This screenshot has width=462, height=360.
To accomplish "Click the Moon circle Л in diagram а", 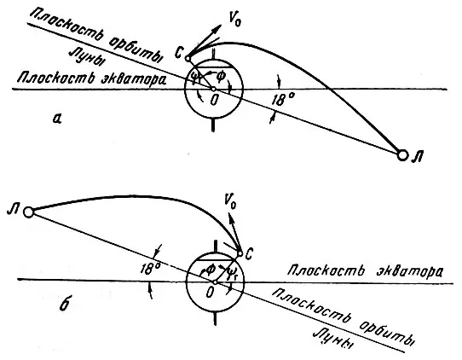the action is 402,154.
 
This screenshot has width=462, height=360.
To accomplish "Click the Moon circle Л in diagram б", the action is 28,212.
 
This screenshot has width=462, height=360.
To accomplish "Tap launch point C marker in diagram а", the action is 188,58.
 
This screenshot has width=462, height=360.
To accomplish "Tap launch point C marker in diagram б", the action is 240,253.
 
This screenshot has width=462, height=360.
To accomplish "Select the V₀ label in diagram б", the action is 230,201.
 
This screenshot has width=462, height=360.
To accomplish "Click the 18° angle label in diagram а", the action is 282,99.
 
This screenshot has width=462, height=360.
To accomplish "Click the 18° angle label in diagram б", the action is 150,270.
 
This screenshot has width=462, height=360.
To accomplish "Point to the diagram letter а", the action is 56,119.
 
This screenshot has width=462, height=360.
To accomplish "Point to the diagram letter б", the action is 65,304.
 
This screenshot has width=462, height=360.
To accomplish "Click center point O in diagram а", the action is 214,89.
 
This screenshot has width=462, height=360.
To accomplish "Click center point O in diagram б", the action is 215,282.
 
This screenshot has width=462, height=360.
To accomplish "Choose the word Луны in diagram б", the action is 333,339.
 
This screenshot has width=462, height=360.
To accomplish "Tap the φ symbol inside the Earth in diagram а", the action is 222,78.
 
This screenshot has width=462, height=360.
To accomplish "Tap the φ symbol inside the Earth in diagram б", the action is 211,270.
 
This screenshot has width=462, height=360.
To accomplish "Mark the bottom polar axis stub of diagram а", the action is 213,125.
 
